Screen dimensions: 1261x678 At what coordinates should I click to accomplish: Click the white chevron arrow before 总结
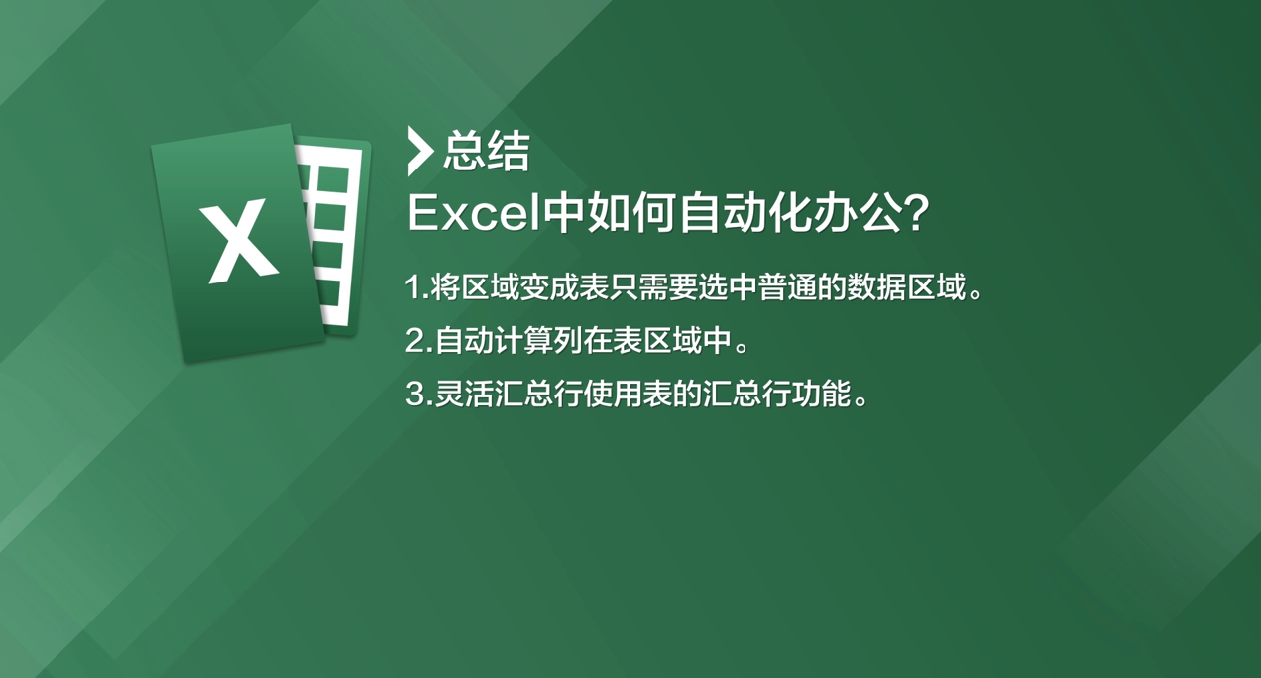click(420, 152)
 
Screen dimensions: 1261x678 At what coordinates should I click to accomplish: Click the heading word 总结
click(487, 151)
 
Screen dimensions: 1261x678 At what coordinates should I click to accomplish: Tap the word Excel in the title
click(474, 214)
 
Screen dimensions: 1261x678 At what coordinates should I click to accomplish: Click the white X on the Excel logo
click(239, 241)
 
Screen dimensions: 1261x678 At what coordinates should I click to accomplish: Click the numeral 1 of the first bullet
click(413, 287)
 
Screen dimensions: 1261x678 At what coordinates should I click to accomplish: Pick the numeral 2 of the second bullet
click(415, 340)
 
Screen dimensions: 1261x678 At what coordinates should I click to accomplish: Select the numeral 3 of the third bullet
click(415, 394)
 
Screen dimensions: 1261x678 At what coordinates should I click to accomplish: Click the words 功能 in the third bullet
click(822, 394)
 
